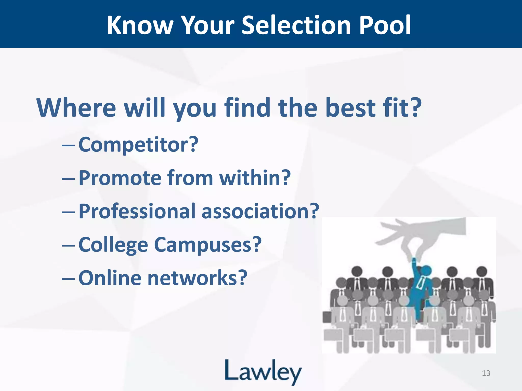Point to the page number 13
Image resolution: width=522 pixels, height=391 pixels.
[x=486, y=373]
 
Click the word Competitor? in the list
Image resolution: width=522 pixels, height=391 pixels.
[x=138, y=145]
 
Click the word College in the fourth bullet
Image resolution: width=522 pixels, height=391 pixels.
[x=113, y=245]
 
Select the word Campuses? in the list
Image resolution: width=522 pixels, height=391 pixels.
[x=208, y=245]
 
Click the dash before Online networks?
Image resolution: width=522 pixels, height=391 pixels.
[x=68, y=279]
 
